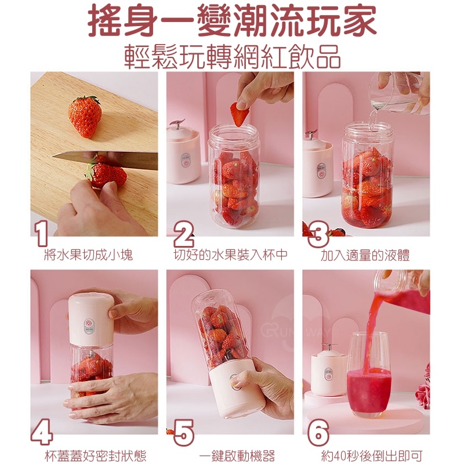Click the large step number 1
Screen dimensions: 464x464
pos(41,234)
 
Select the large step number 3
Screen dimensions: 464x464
pos(318,234)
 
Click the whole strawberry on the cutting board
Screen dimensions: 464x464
pos(85,117)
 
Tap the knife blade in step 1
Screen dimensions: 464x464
pos(105,160)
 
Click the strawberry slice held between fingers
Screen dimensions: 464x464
pos(239,114)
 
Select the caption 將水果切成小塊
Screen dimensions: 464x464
pos(88,255)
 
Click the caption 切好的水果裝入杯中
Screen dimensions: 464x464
pos(230,255)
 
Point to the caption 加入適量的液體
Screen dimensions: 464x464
pos(365,255)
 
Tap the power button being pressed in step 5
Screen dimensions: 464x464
pos(234,382)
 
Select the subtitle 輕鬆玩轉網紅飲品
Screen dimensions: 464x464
pos(232,57)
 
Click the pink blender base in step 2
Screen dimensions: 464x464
pos(184,154)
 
